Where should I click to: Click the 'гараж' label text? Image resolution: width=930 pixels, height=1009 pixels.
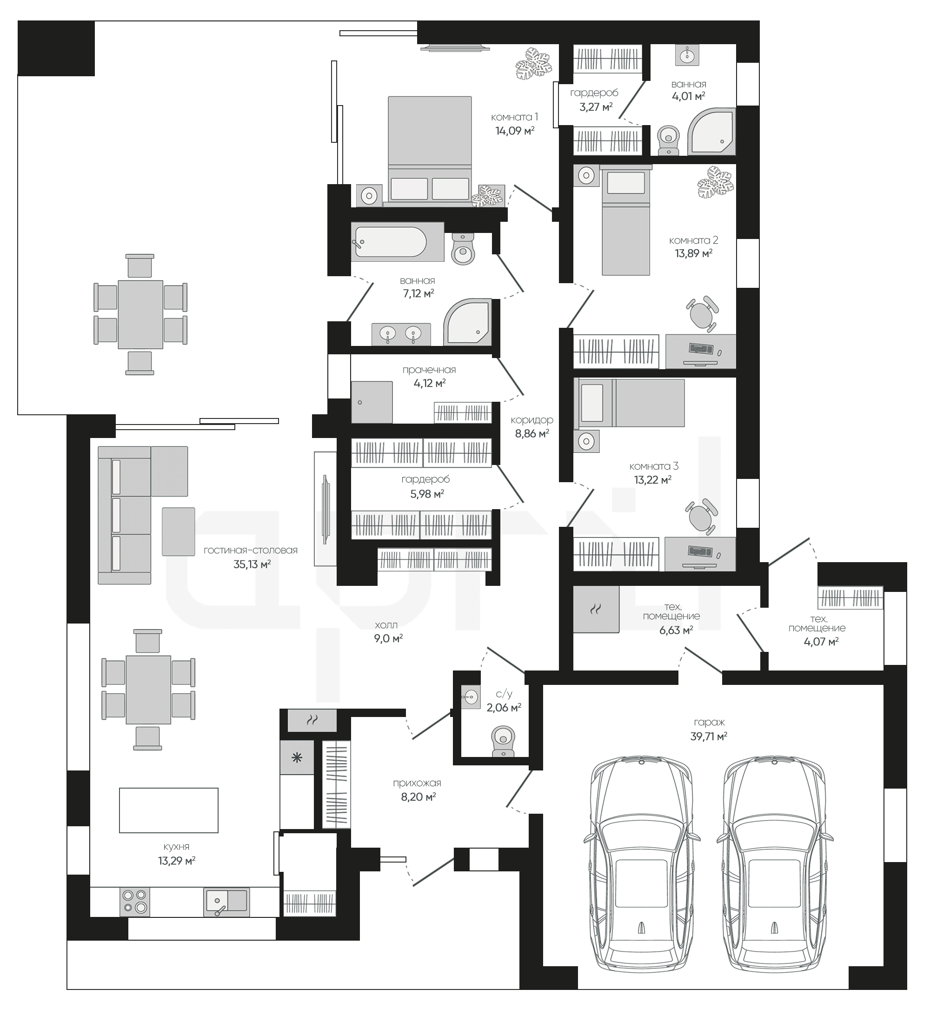[x=709, y=723]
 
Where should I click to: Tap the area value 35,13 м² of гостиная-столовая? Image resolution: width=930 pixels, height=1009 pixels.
[x=252, y=564]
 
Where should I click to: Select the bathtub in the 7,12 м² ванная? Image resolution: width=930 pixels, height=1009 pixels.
[x=398, y=242]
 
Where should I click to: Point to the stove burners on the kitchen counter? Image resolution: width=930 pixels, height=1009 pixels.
[x=135, y=901]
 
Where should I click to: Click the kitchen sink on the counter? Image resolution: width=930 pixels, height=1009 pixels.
[x=226, y=901]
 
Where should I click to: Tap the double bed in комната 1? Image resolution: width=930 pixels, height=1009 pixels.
[x=430, y=151]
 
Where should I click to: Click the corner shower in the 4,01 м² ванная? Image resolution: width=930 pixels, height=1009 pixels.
[x=711, y=131]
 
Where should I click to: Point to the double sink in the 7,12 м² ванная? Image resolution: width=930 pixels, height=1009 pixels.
[x=401, y=334]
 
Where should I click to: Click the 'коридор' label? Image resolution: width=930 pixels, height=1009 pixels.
[x=531, y=420]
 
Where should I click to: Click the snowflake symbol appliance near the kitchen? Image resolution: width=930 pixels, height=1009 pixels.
[x=297, y=757]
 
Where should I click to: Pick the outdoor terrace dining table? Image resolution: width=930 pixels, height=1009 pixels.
[x=140, y=314]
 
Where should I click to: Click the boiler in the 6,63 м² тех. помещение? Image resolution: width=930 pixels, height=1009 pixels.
[x=596, y=609]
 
